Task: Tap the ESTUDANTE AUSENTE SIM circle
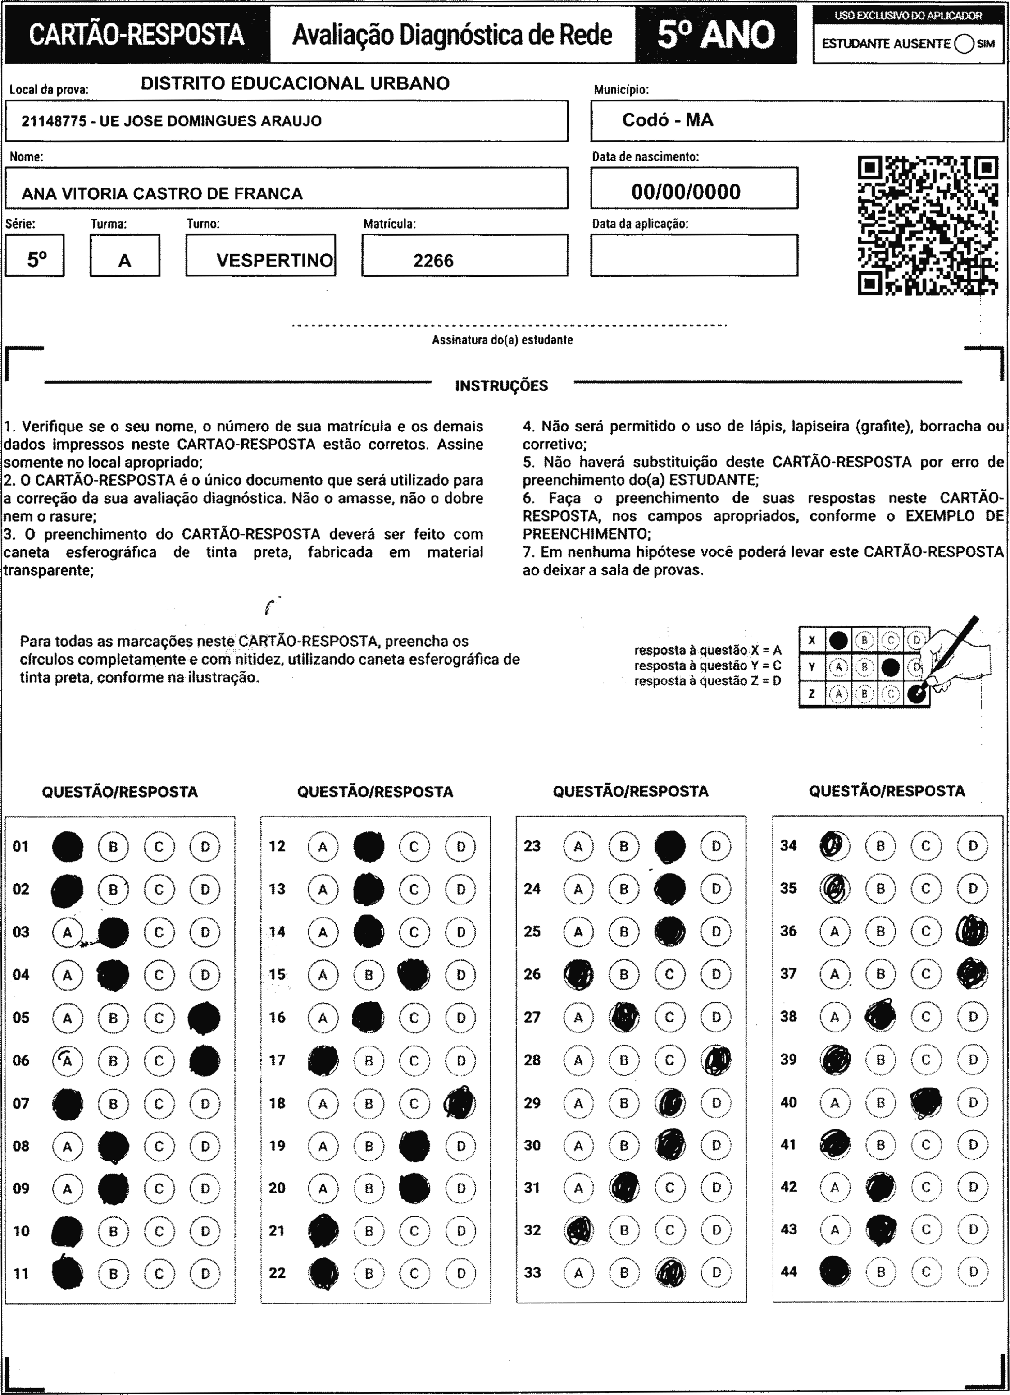pos(964,44)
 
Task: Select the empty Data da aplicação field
pos(694,255)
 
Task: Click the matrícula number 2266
pos(433,261)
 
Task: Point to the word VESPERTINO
pos(274,260)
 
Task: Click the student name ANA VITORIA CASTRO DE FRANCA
pos(162,194)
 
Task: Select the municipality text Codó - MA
pos(668,120)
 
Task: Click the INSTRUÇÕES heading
pos(501,386)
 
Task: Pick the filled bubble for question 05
pos(204,1018)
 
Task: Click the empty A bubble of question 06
pos(68,1060)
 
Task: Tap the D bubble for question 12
pos(460,847)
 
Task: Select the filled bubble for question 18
pos(460,1103)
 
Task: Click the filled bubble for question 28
pos(716,1060)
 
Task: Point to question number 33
pos(532,1273)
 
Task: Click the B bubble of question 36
pos(880,931)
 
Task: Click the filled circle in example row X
pos(838,641)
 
